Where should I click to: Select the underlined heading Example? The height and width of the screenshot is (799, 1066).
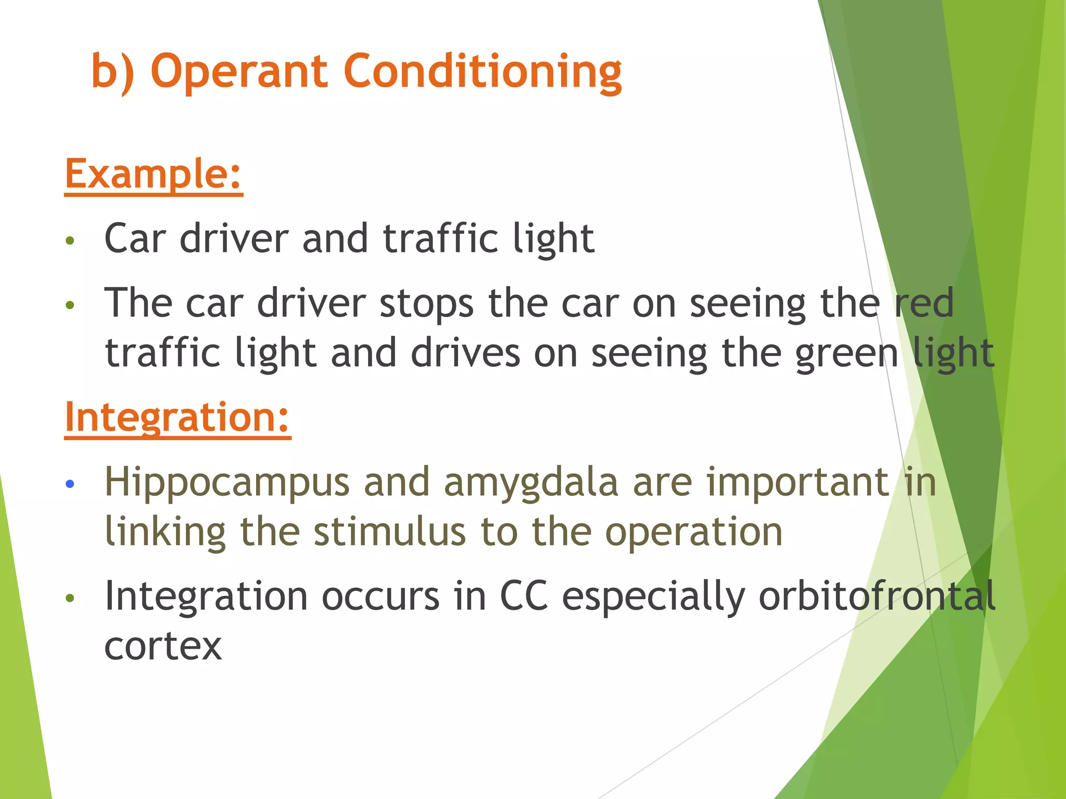pos(154,174)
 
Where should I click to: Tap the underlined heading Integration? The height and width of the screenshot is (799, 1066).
pos(177,417)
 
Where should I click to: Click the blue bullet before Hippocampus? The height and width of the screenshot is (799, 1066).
pos(70,484)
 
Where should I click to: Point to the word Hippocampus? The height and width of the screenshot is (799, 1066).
pos(227,483)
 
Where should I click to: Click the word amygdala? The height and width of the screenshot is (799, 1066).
pos(531,483)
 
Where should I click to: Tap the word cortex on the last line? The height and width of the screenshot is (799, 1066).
pos(163,646)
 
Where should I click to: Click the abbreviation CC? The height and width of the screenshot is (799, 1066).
pos(524,596)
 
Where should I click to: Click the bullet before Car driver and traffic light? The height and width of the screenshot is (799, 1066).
pos(70,241)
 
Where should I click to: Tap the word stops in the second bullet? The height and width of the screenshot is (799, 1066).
pos(427,303)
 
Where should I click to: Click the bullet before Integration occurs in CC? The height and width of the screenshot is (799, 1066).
pos(70,598)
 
